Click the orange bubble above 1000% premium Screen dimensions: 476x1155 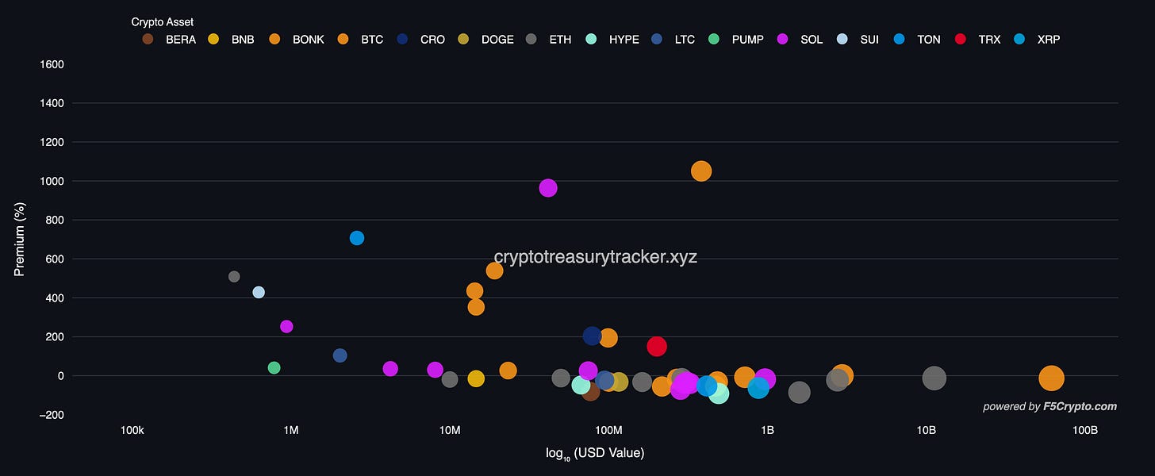[701, 171]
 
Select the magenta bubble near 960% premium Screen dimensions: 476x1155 [548, 188]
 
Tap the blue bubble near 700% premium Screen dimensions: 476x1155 [357, 238]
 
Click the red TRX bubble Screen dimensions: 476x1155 [657, 347]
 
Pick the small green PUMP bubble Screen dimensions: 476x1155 [274, 368]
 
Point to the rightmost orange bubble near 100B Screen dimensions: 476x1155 [1051, 379]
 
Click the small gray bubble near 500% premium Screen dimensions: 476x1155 [234, 277]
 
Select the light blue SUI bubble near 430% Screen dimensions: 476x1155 [259, 293]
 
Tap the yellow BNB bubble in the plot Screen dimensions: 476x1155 [476, 379]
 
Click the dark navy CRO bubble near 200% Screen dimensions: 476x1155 [592, 336]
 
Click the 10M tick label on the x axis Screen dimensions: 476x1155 [450, 430]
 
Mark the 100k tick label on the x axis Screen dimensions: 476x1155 [132, 430]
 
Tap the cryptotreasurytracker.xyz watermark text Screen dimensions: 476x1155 [595, 257]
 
